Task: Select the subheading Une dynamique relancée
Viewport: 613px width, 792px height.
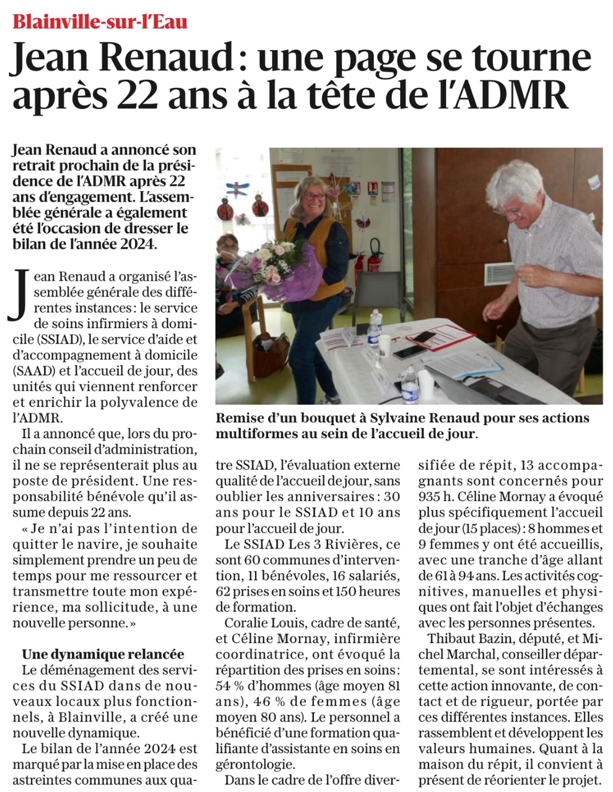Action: click(x=103, y=654)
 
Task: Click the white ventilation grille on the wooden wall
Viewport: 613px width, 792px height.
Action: click(x=498, y=274)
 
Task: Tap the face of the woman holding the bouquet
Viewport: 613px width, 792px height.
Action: click(x=313, y=197)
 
